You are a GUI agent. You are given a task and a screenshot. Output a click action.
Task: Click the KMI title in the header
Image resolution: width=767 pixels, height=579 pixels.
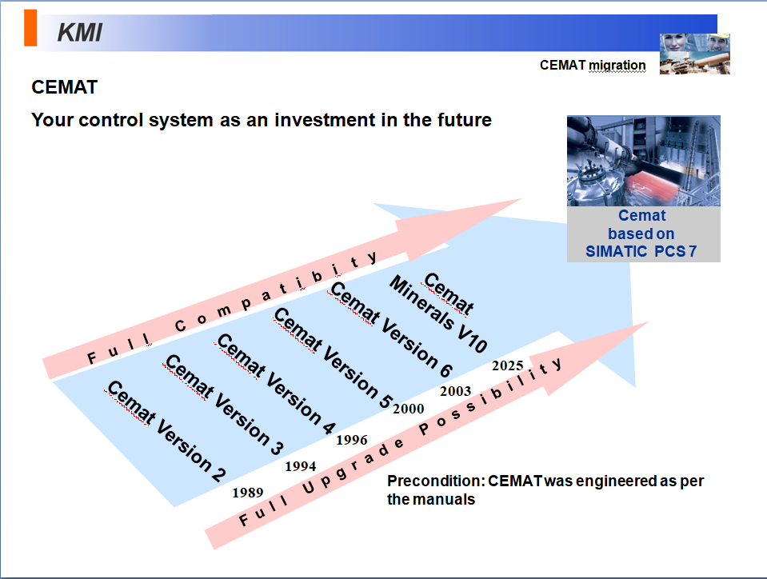(79, 33)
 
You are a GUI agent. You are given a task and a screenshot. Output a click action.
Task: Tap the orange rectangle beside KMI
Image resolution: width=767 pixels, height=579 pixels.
(30, 30)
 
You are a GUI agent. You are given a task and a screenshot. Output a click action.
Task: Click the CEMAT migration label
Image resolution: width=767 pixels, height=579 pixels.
(593, 65)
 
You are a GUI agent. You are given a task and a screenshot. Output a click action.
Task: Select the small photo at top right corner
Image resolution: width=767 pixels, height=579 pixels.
(694, 54)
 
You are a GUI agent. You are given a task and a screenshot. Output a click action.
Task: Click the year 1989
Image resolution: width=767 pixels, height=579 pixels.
(248, 493)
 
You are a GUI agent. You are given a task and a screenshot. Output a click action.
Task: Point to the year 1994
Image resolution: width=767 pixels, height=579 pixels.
(301, 466)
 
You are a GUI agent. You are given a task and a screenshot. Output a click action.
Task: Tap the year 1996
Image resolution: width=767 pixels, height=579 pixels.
(352, 440)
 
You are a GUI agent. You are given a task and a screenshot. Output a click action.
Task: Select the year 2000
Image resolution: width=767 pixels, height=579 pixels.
(408, 409)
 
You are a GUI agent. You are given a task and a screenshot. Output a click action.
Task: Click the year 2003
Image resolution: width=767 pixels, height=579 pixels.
(456, 391)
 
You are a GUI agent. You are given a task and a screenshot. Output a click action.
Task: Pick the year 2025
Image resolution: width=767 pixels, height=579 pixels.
(507, 366)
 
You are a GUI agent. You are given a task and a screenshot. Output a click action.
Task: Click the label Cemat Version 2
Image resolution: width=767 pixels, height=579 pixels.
(166, 432)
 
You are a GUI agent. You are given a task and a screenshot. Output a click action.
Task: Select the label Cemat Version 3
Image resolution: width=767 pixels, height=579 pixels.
(222, 402)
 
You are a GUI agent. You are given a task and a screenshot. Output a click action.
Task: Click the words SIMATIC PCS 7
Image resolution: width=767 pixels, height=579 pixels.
(643, 251)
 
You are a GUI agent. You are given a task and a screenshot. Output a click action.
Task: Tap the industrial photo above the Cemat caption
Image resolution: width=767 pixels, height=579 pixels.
(643, 161)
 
